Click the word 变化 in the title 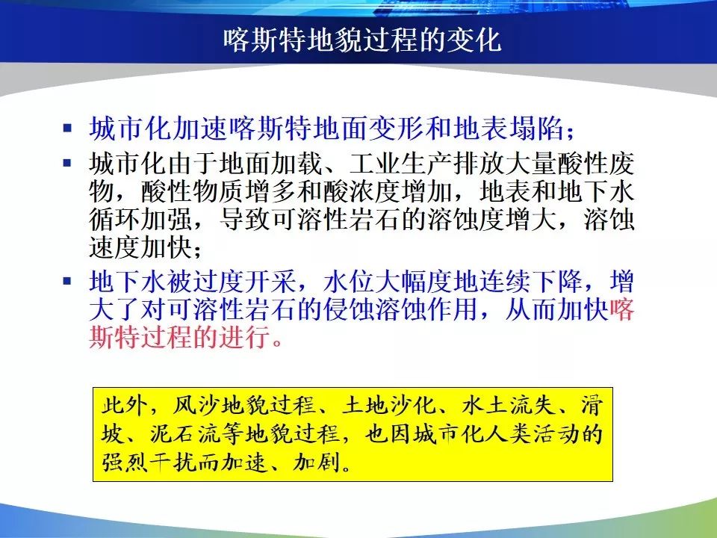coord(474,40)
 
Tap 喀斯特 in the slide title coord(264,40)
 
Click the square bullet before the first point coord(68,128)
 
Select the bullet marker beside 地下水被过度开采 coord(68,280)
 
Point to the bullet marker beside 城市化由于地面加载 coord(68,162)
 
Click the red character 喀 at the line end coord(622,309)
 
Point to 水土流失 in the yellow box coord(508,405)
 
